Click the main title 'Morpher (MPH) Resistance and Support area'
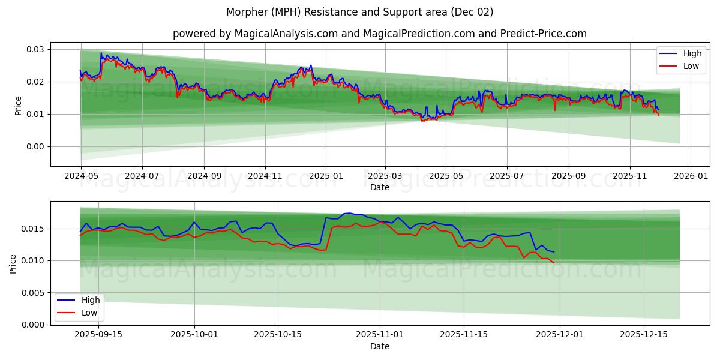(x=360, y=12)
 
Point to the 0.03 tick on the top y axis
(x=35, y=49)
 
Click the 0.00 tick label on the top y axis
(x=35, y=146)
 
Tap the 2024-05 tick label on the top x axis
(x=81, y=176)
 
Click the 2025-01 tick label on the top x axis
(x=326, y=176)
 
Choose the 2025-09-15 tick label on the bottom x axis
(x=98, y=335)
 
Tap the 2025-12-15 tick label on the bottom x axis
(x=643, y=335)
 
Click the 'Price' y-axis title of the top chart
(x=18, y=105)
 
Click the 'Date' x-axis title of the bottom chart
(x=379, y=346)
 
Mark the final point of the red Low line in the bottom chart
(x=554, y=263)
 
